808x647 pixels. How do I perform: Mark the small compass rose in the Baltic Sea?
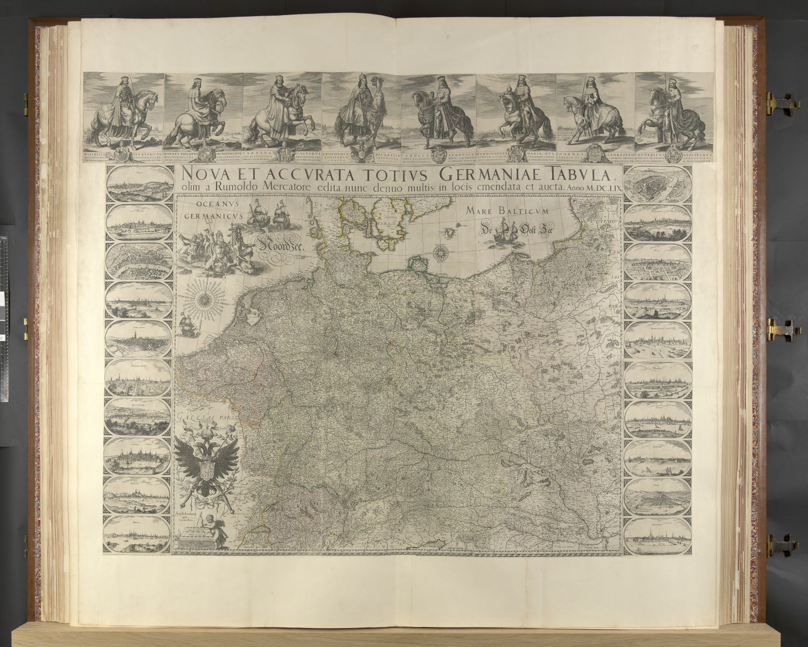coord(440,251)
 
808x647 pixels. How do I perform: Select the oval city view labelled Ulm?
coord(658,263)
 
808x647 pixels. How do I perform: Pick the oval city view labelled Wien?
coord(658,302)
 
